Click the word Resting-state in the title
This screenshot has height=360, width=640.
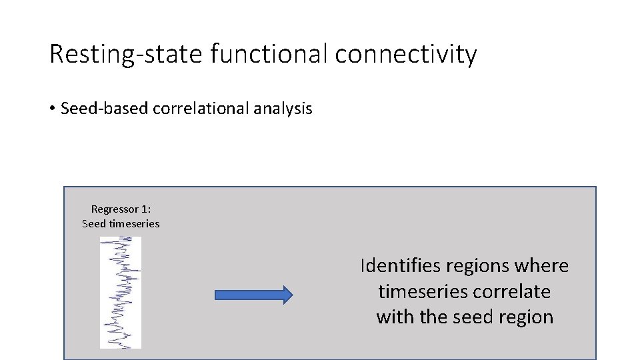tap(126, 54)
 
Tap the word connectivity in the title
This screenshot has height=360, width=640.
tap(406, 54)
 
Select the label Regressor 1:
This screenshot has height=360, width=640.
tap(121, 209)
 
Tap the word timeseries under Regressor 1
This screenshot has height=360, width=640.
tap(134, 223)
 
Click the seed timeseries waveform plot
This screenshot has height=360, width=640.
tap(121, 293)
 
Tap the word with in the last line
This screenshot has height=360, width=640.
tap(395, 317)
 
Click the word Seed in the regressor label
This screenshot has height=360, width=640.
tap(94, 223)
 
